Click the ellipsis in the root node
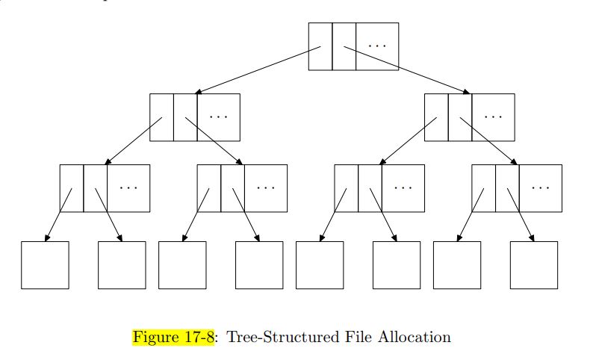[377, 46]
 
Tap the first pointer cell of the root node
[320, 46]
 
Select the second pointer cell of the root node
[344, 46]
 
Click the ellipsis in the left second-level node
[218, 117]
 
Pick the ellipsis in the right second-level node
[493, 117]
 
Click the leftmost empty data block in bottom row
[45, 264]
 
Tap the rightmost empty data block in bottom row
[533, 264]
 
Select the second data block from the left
[122, 264]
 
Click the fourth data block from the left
[259, 264]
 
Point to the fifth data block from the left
[320, 264]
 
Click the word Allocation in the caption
[420, 337]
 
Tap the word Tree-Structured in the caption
[272, 337]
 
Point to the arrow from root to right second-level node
[407, 72]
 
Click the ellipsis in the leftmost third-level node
[128, 187]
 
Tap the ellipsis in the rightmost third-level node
[541, 187]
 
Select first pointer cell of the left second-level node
[161, 117]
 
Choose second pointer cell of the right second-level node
[459, 117]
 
